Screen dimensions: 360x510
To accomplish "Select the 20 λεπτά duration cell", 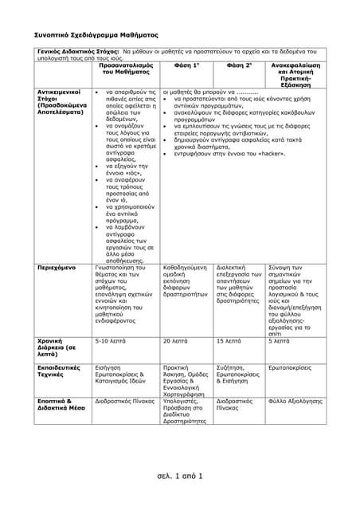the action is (x=176, y=340).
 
